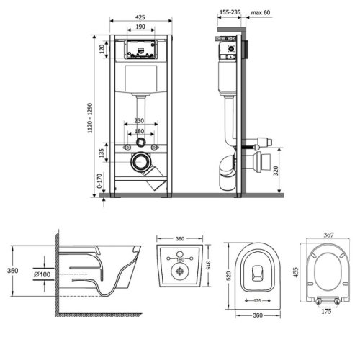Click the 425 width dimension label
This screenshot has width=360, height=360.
tap(140, 17)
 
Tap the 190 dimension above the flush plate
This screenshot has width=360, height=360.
tap(140, 27)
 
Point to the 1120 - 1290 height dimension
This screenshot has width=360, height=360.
tap(90, 118)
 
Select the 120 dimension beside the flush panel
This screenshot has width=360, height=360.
tap(102, 49)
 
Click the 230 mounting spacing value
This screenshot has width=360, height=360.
tap(139, 120)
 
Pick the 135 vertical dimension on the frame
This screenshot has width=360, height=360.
tap(102, 153)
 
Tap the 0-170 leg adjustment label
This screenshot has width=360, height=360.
tap(99, 181)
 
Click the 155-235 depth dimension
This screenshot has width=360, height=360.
tap(230, 12)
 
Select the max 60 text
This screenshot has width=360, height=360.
tap(261, 12)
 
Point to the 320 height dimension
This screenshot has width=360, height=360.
tap(276, 171)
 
